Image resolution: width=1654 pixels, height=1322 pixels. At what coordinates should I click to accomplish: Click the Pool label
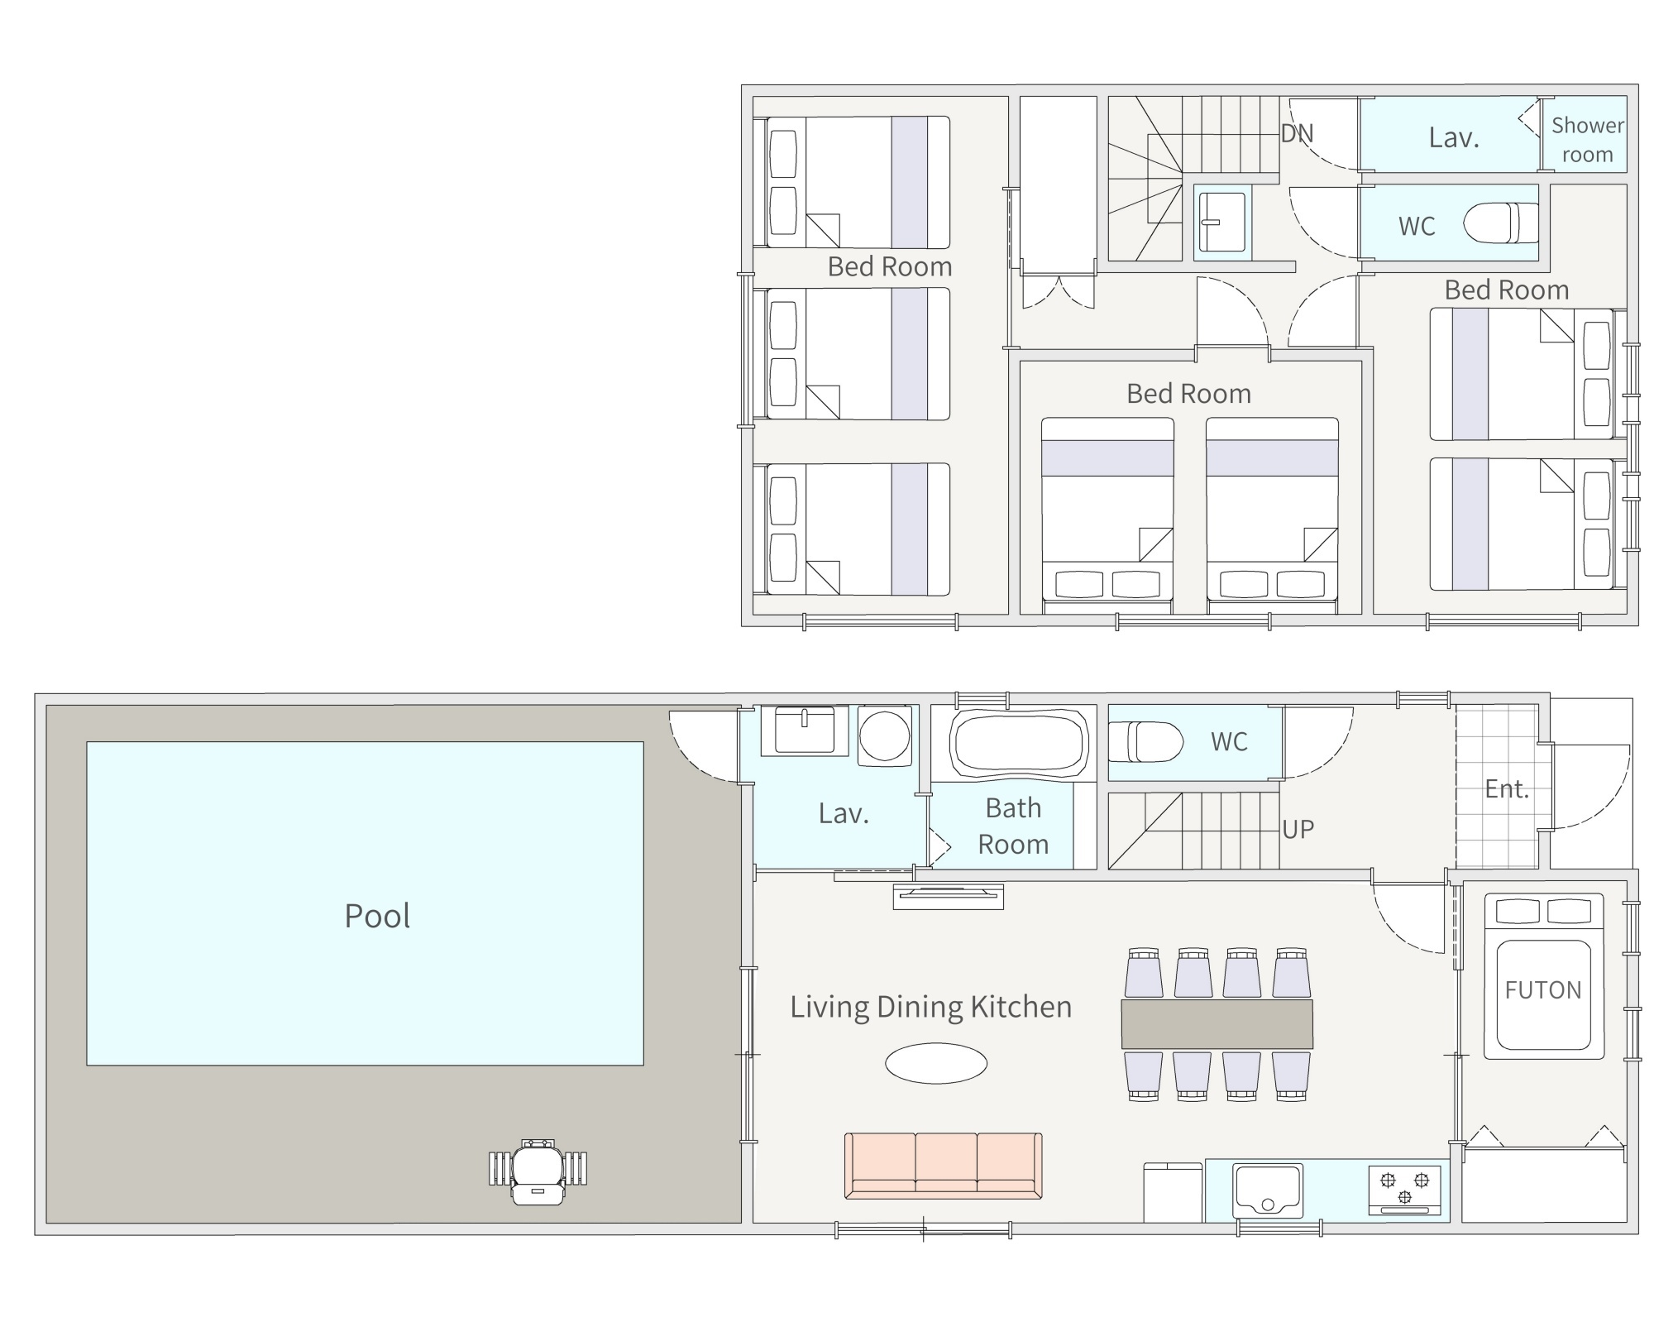pyautogui.click(x=377, y=916)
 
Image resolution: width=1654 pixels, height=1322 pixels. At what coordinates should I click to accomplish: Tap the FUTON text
pyautogui.click(x=1543, y=989)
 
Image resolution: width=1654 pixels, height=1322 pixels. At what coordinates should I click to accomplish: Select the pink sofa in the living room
pyautogui.click(x=943, y=1166)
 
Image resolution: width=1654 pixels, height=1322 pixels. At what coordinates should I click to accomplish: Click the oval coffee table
pyautogui.click(x=936, y=1063)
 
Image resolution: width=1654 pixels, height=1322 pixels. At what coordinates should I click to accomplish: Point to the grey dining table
pyautogui.click(x=1217, y=1024)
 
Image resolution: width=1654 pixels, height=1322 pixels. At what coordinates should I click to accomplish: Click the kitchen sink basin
pyautogui.click(x=1268, y=1190)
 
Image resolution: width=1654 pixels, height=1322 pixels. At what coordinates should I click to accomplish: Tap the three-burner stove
pyautogui.click(x=1404, y=1190)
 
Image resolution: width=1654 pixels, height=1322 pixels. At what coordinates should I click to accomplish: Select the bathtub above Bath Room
pyautogui.click(x=1019, y=742)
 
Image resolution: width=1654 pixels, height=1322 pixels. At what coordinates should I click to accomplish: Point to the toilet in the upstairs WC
pyautogui.click(x=1501, y=223)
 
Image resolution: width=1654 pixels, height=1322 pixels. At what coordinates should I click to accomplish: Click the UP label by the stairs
pyautogui.click(x=1298, y=830)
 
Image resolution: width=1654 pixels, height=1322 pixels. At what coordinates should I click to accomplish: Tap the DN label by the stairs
pyautogui.click(x=1297, y=133)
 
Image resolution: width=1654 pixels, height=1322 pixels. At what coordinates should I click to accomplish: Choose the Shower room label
pyautogui.click(x=1587, y=140)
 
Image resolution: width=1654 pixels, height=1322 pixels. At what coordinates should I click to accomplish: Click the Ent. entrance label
pyautogui.click(x=1507, y=788)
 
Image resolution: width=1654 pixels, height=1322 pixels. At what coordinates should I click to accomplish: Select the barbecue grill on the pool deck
pyautogui.click(x=538, y=1171)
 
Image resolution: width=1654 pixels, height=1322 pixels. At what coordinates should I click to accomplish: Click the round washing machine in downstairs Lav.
pyautogui.click(x=884, y=735)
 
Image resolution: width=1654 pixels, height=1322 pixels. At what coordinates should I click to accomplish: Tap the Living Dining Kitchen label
pyautogui.click(x=930, y=1007)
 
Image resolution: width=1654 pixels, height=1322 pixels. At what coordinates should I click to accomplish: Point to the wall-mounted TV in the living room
pyautogui.click(x=948, y=896)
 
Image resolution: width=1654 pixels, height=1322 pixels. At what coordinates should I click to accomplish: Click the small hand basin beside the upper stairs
pyautogui.click(x=1221, y=222)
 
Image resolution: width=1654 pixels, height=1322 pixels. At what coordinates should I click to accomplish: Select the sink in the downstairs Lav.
pyautogui.click(x=804, y=730)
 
